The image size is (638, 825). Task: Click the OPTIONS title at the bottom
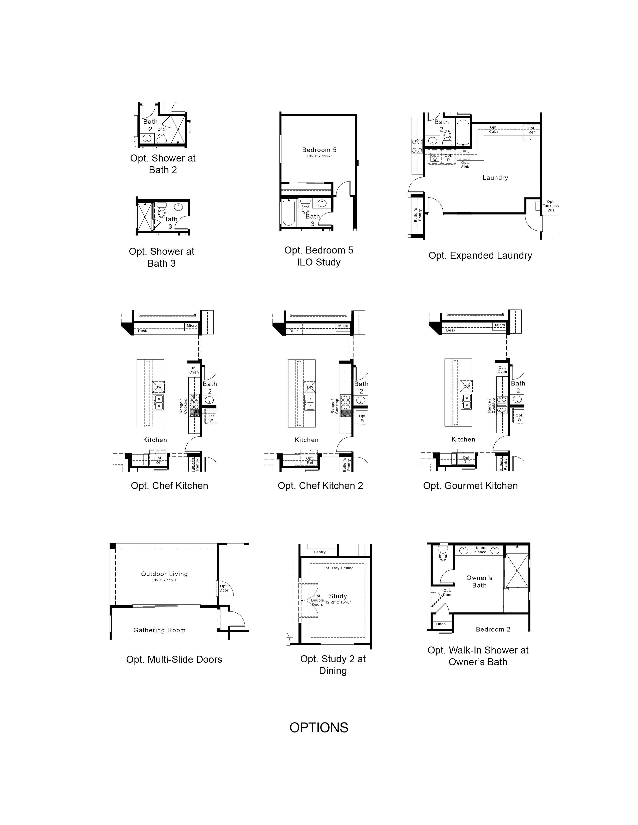(x=318, y=727)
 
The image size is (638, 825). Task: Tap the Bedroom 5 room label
(x=319, y=150)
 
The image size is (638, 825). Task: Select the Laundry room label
(x=495, y=177)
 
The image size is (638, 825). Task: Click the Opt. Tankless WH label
(x=551, y=206)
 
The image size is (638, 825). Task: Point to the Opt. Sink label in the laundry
(x=465, y=165)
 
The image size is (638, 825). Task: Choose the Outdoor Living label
(x=164, y=574)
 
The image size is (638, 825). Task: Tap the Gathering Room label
(x=160, y=630)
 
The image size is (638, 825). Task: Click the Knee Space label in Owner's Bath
(x=480, y=550)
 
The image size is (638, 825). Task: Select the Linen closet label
(x=441, y=624)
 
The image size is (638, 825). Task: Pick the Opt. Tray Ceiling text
(x=338, y=568)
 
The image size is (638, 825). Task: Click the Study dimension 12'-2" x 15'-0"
(x=338, y=602)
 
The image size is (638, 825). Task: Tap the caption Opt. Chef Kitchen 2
(x=320, y=486)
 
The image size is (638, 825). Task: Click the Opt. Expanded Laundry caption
(x=480, y=256)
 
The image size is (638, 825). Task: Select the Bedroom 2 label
(x=493, y=629)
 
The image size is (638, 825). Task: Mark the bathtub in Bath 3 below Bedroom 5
(x=289, y=213)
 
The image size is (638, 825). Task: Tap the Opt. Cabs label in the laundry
(x=494, y=129)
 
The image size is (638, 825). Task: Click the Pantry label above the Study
(x=320, y=552)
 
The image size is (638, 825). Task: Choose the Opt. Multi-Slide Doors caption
(x=174, y=659)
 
